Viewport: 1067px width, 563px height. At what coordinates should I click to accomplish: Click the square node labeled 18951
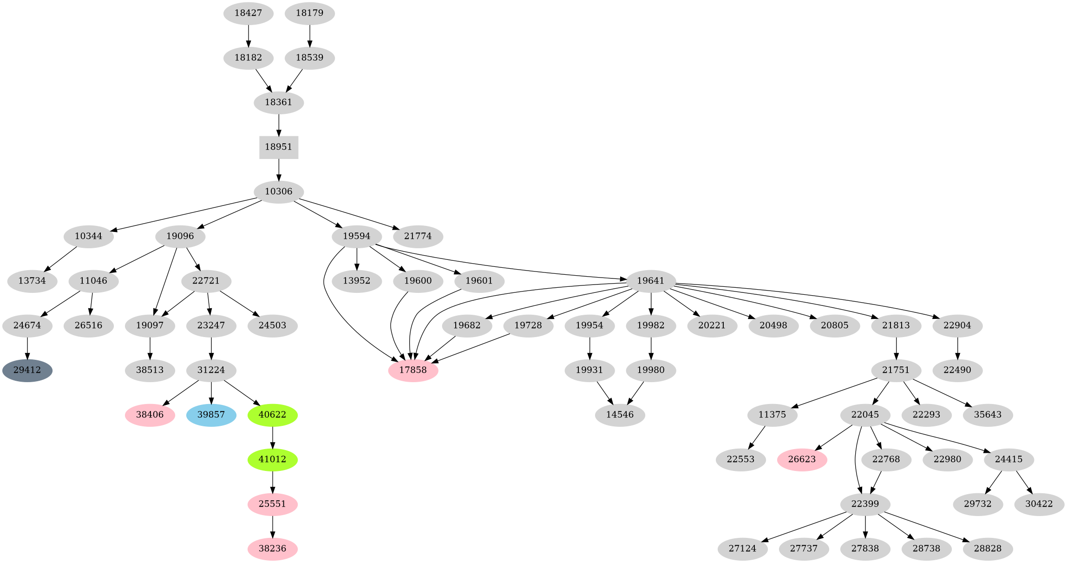[278, 147]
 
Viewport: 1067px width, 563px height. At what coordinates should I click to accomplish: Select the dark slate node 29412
[27, 371]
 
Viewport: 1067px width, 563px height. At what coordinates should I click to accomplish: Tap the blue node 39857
[211, 415]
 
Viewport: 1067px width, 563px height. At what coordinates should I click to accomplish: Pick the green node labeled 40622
[272, 415]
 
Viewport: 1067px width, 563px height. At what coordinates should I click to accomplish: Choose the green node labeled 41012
[272, 459]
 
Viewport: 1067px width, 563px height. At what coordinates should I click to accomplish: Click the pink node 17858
[413, 371]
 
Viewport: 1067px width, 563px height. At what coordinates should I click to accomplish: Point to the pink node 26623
[802, 459]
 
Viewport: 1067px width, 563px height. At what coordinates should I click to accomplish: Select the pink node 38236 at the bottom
[272, 549]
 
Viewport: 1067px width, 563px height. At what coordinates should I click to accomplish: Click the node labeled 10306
[278, 192]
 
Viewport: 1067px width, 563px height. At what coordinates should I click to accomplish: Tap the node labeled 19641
[650, 281]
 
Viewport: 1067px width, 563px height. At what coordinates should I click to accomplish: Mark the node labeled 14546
[620, 415]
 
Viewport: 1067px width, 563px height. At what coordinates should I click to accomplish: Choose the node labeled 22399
[865, 504]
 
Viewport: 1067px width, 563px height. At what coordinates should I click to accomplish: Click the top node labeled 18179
[309, 13]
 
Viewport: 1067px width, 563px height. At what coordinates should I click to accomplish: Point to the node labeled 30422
[1039, 504]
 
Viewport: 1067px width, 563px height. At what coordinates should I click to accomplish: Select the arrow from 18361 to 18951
[278, 125]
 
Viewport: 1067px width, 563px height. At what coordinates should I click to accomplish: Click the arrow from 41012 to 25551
[272, 482]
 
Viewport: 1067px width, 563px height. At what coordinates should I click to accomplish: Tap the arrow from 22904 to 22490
[957, 348]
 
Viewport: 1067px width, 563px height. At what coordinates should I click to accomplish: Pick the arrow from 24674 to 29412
[27, 348]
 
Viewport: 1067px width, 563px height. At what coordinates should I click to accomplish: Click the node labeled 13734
[33, 281]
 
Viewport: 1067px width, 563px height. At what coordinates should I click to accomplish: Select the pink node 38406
[150, 415]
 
